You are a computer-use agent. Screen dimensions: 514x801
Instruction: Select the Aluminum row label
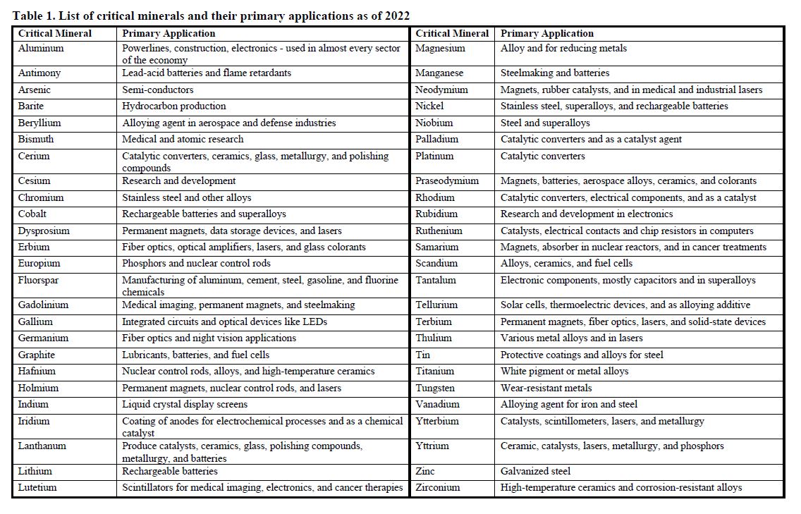(41, 49)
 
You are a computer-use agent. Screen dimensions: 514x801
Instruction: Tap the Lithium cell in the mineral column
(35, 471)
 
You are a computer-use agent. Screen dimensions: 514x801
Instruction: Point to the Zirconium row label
(437, 487)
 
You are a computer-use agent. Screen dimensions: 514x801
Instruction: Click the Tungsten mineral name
(435, 388)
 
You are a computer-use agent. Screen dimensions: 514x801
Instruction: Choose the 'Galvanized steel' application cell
(535, 471)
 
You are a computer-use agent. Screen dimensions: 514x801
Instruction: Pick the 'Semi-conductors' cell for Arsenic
(157, 90)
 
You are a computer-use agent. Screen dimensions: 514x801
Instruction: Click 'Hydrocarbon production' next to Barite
(173, 106)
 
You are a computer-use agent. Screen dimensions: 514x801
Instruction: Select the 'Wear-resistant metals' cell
(546, 388)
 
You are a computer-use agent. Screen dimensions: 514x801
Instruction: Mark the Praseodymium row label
(447, 180)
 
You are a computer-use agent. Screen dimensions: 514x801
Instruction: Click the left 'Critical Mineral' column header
(55, 33)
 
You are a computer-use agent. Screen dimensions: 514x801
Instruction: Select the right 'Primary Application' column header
(547, 33)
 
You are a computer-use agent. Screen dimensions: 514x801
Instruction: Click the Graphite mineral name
(37, 355)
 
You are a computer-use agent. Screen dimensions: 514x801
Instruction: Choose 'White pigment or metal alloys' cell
(564, 371)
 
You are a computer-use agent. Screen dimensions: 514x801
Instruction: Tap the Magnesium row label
(440, 49)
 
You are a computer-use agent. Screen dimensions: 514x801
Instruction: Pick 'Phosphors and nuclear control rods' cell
(196, 263)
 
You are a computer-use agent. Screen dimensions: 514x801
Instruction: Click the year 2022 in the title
(397, 16)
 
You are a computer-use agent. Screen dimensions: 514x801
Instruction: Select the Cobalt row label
(32, 214)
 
